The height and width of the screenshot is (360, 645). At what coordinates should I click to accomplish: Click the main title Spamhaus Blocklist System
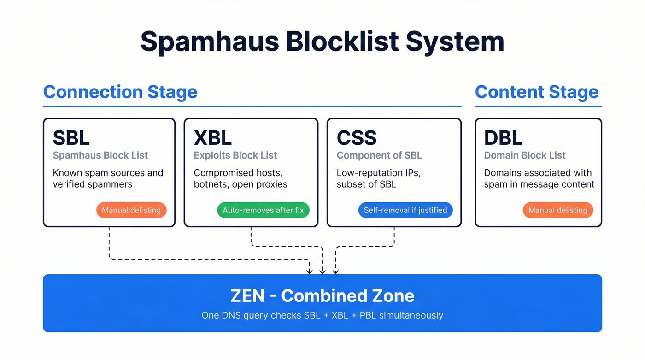pyautogui.click(x=322, y=41)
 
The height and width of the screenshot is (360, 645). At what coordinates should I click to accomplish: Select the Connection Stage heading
pyautogui.click(x=120, y=92)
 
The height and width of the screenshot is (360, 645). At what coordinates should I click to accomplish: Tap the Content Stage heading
pyautogui.click(x=536, y=92)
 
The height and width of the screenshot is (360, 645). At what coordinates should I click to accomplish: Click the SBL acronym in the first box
pyautogui.click(x=71, y=138)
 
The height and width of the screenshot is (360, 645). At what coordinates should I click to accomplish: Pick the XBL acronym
pyautogui.click(x=212, y=138)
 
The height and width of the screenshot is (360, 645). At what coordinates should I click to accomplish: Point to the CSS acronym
pyautogui.click(x=357, y=138)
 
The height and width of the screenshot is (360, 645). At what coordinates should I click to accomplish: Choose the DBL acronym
pyautogui.click(x=503, y=138)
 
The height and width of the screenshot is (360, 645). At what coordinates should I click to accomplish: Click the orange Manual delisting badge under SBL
pyautogui.click(x=131, y=210)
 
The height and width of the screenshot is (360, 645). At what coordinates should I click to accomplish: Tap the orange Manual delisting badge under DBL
pyautogui.click(x=557, y=210)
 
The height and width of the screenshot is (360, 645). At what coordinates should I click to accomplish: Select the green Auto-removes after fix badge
pyautogui.click(x=263, y=210)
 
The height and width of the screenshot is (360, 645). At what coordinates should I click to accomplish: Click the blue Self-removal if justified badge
pyautogui.click(x=405, y=210)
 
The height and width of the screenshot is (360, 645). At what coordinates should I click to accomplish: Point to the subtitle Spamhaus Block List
pyautogui.click(x=100, y=155)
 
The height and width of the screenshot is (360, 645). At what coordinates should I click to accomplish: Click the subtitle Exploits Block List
pyautogui.click(x=235, y=155)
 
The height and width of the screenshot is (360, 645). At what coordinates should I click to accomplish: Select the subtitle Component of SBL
pyautogui.click(x=379, y=155)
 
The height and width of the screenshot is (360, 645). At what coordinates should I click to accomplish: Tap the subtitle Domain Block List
pyautogui.click(x=525, y=155)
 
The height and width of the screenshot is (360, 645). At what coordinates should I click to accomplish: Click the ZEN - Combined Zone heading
pyautogui.click(x=322, y=295)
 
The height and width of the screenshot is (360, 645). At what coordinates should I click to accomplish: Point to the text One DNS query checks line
pyautogui.click(x=322, y=316)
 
